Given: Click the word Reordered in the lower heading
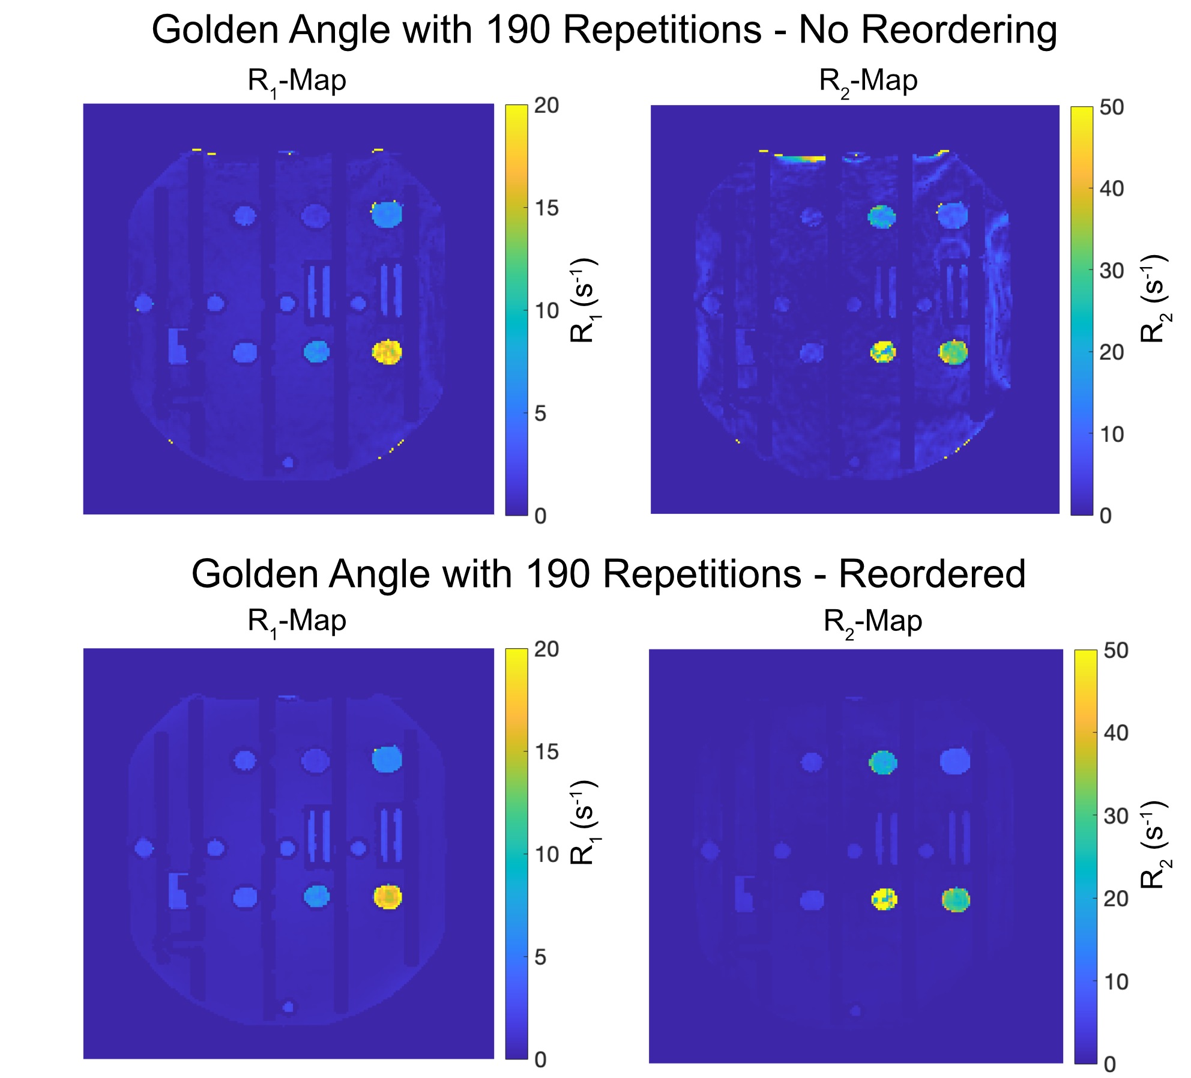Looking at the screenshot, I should pos(932,574).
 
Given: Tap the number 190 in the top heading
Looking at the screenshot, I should pos(517,30).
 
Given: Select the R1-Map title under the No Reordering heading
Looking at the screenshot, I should pos(297,81).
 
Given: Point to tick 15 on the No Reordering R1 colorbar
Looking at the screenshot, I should pos(546,208).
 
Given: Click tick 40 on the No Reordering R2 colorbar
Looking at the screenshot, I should pos(1111,188).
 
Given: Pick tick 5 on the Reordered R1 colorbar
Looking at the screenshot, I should pos(540,957).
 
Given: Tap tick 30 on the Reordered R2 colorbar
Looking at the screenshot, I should pos(1115,816).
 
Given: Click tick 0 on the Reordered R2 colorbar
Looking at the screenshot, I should pos(1109,1064).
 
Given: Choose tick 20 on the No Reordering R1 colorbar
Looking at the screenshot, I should pos(546,106).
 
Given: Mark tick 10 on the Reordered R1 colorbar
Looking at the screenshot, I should pos(546,854).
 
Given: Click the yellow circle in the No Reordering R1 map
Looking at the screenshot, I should pos(387,352).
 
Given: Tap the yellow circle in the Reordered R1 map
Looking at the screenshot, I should pos(388,897).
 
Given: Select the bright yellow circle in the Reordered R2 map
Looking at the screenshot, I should pos(884,899).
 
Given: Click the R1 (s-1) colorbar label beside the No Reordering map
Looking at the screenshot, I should pos(582,300).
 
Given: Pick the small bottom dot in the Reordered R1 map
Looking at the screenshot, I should pos(288,1007).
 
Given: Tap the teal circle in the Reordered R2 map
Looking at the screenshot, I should pos(883,763).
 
